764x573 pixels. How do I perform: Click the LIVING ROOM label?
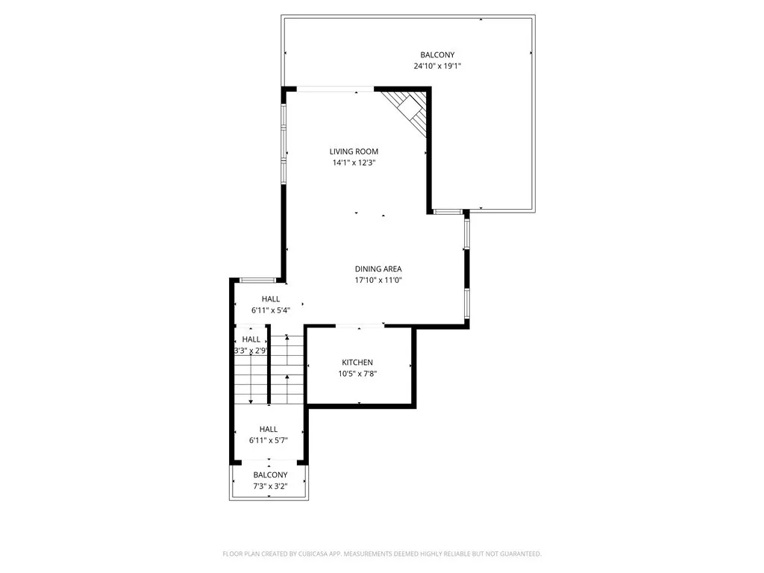[354, 151]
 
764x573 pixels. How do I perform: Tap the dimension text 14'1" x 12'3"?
[354, 163]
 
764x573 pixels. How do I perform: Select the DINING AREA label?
[378, 269]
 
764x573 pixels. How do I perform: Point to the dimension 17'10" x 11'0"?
[378, 281]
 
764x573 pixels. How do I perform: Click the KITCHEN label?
[357, 363]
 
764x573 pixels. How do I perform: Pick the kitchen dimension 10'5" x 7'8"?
[357, 375]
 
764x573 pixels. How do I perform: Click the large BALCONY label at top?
[437, 54]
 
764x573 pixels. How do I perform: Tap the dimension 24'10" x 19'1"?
[437, 66]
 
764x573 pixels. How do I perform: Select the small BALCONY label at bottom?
[270, 475]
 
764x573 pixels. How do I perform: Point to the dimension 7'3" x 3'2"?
[270, 487]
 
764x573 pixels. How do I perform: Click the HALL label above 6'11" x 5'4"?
[271, 298]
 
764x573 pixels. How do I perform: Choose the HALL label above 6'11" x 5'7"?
[269, 429]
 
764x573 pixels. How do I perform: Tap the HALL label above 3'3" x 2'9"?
[251, 339]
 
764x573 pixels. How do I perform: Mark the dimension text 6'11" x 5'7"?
[269, 441]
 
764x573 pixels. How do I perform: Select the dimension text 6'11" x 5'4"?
[271, 310]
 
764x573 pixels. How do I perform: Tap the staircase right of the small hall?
[286, 369]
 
